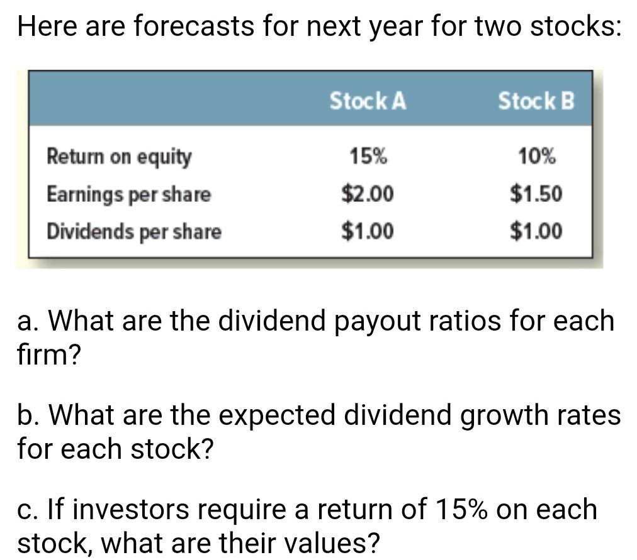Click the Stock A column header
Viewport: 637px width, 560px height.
368,101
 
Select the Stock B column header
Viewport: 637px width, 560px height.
536,101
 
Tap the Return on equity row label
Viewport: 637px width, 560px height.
119,157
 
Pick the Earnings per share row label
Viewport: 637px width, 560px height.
128,194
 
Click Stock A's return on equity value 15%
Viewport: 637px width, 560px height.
368,156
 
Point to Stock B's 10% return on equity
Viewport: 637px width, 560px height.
537,156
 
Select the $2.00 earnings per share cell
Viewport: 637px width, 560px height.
368,194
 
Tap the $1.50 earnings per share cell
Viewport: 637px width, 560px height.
536,194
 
